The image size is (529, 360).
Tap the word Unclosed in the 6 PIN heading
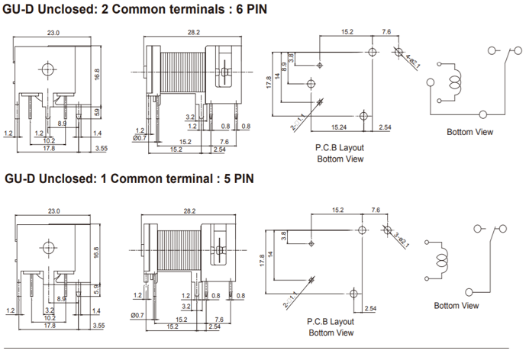(x=73, y=8)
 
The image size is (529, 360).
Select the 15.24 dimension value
(x=338, y=127)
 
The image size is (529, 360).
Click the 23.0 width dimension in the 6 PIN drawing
(x=53, y=33)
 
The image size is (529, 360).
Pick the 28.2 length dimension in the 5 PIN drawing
(x=192, y=211)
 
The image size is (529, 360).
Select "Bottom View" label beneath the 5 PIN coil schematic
(x=456, y=305)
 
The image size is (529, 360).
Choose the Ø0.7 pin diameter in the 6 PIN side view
(x=138, y=140)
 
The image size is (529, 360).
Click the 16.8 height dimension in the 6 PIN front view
(x=97, y=74)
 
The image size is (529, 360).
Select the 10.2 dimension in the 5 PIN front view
(x=48, y=318)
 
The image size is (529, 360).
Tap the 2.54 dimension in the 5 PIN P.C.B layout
(x=370, y=307)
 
